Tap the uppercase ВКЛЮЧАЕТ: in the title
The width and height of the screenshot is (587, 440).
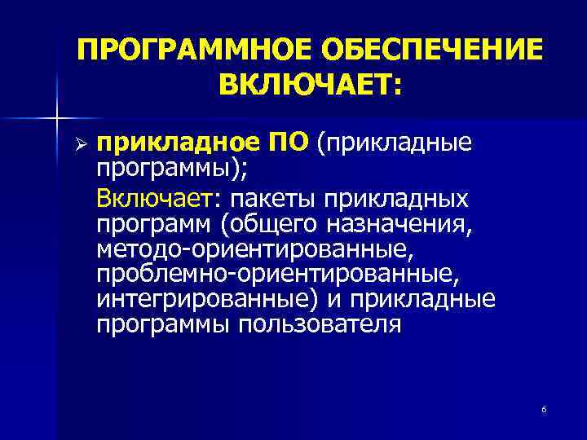(310, 83)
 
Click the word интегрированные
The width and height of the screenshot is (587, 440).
(207, 299)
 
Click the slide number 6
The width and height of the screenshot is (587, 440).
(543, 407)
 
